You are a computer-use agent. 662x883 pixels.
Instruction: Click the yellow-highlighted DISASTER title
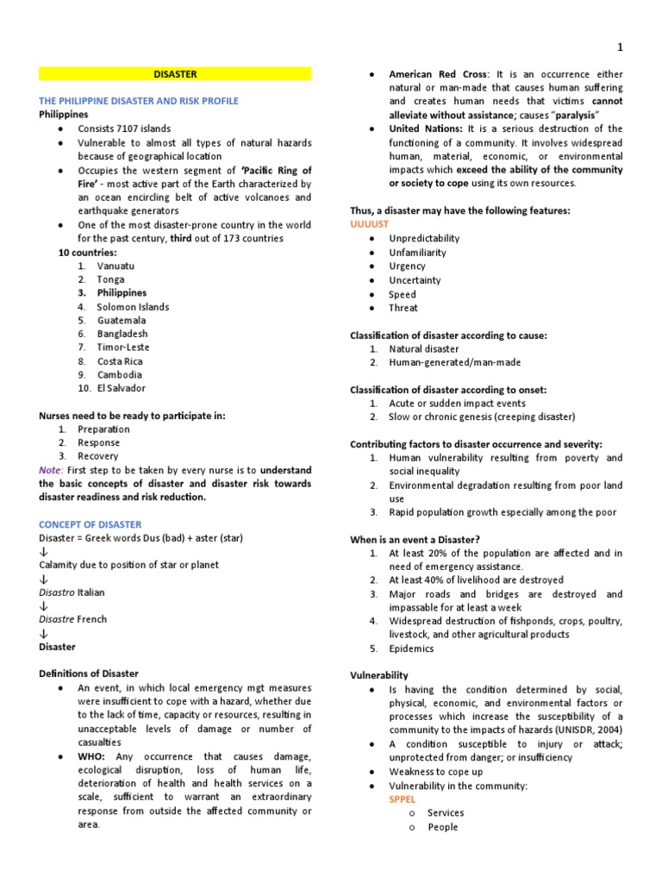(x=175, y=74)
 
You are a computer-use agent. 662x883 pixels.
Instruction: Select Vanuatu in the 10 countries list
(x=116, y=266)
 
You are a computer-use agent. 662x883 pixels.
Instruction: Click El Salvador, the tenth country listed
(x=121, y=388)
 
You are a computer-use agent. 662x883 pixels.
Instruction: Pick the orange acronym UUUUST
(x=370, y=224)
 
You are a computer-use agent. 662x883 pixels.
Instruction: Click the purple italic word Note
(x=50, y=470)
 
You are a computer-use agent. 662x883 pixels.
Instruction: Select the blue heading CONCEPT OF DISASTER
(x=91, y=524)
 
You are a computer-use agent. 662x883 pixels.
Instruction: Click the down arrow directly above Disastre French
(x=43, y=606)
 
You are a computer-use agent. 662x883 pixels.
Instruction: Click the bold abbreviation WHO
(x=91, y=756)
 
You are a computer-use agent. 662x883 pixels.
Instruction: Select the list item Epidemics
(x=411, y=648)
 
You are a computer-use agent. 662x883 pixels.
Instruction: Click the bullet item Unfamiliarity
(x=418, y=253)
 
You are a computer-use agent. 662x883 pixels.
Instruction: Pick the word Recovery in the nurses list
(x=98, y=456)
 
